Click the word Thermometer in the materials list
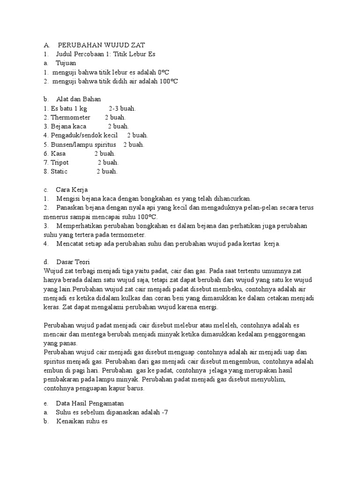pos(70,117)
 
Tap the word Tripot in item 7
pos(60,162)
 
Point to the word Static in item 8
pos(59,171)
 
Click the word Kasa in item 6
pos(58,153)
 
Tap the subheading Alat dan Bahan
pos(79,99)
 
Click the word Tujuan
pos(66,63)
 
